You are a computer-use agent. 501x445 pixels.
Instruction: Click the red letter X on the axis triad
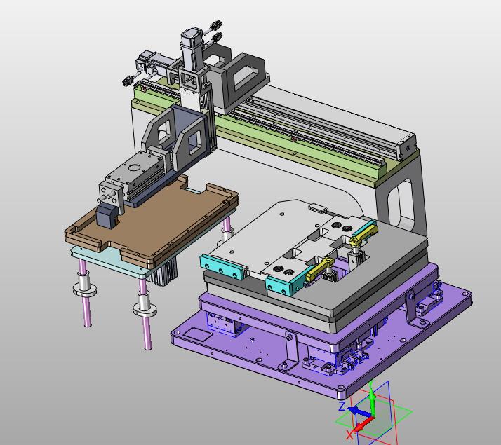coord(349,434)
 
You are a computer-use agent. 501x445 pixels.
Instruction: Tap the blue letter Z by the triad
coord(342,406)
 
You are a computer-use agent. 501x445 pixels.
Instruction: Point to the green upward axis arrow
coord(372,399)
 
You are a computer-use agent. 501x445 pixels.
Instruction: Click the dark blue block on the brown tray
coord(107,216)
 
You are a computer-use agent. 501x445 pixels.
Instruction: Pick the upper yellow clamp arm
coord(363,234)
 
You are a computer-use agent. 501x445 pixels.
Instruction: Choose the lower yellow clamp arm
coord(321,270)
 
